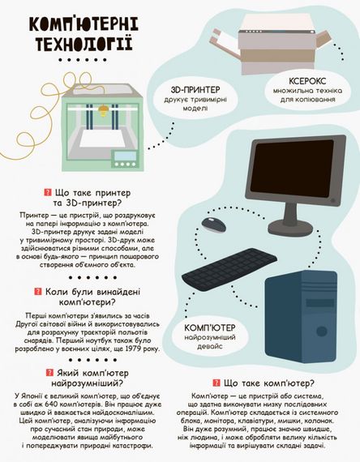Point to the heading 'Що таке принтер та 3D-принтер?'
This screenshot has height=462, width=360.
[88, 199]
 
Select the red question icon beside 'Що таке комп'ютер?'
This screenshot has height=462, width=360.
[216, 383]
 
